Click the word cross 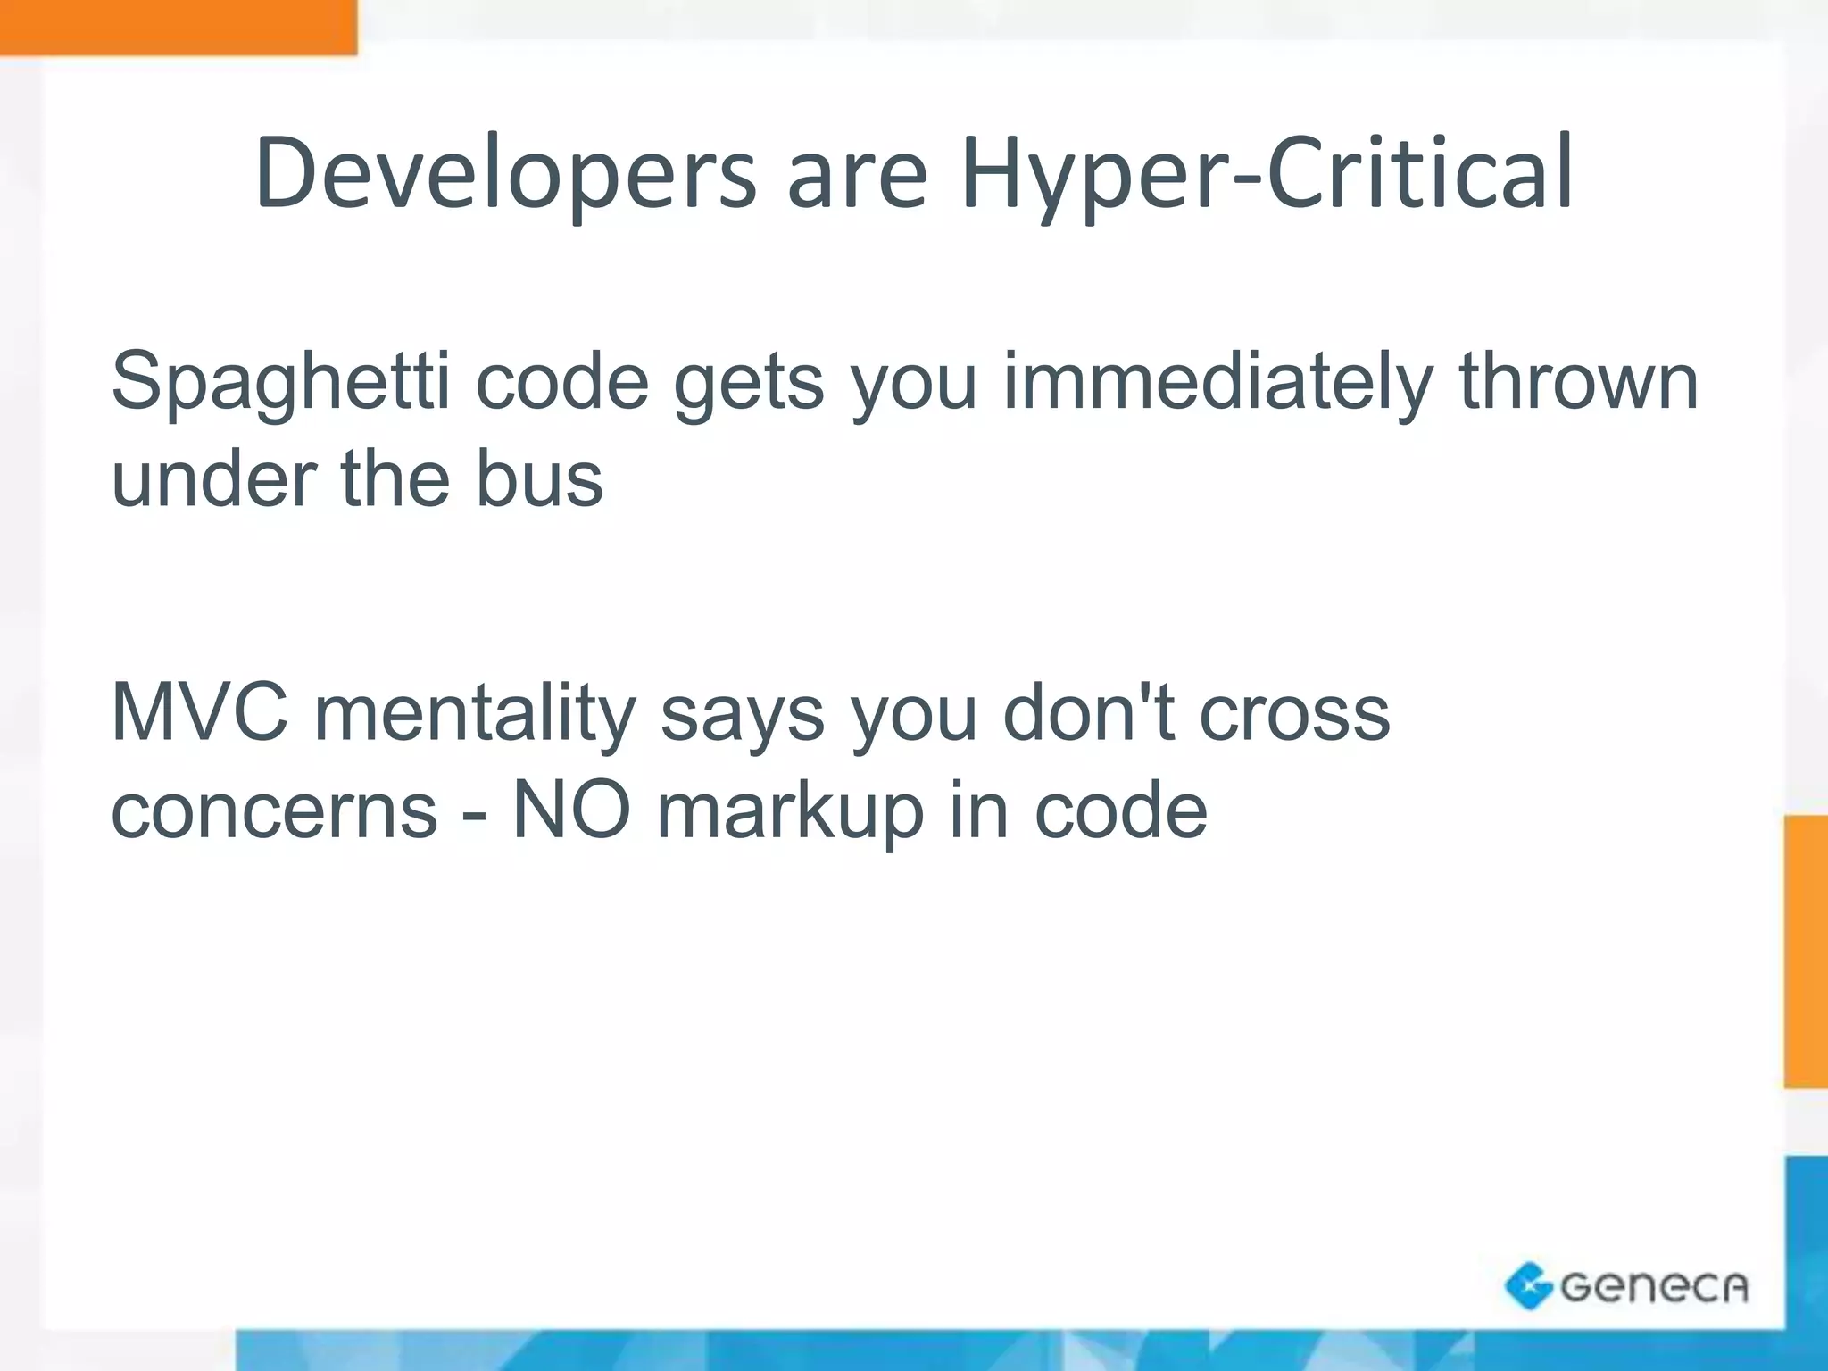[x=1294, y=713]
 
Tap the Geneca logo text [x=1654, y=1287]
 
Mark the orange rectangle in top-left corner [x=179, y=27]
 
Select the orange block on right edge [x=1806, y=951]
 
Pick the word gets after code [x=748, y=383]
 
